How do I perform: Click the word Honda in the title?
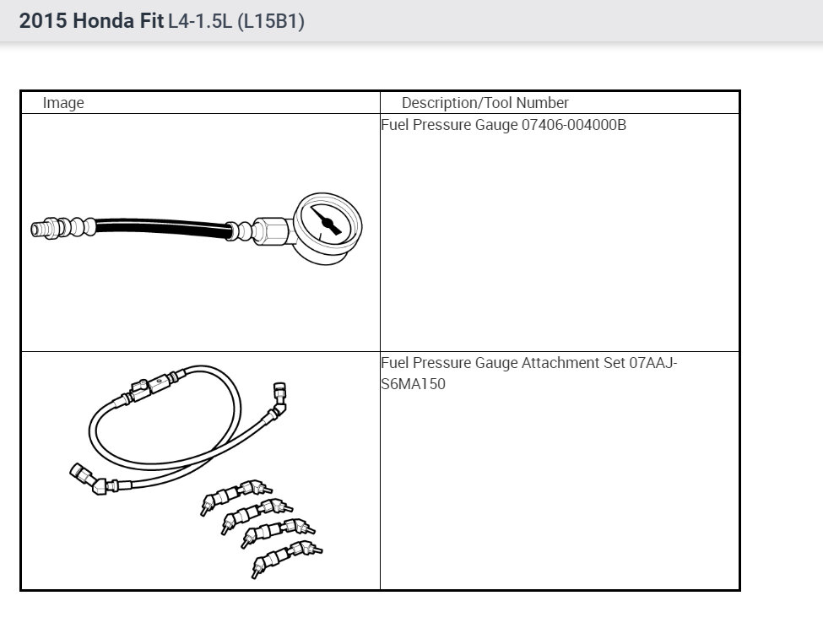[x=103, y=21]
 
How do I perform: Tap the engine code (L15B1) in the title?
[x=271, y=22]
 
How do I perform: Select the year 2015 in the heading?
[x=43, y=21]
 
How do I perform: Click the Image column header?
[x=63, y=103]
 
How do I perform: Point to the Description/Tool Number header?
[x=485, y=102]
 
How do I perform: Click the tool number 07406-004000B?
[x=574, y=125]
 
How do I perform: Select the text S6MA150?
[x=413, y=384]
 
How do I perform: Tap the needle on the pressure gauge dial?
[x=327, y=221]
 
